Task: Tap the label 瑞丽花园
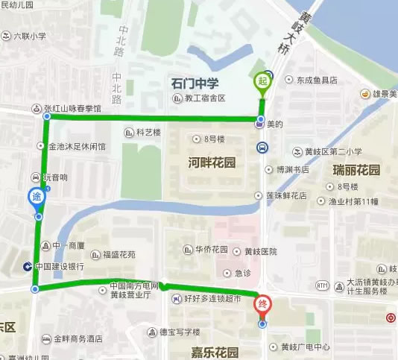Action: click(x=356, y=170)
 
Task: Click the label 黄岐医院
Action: click(x=250, y=251)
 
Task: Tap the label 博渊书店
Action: click(x=293, y=169)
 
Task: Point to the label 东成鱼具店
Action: click(x=316, y=80)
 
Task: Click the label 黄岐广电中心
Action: click(x=305, y=347)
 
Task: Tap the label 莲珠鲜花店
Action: click(x=287, y=196)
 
